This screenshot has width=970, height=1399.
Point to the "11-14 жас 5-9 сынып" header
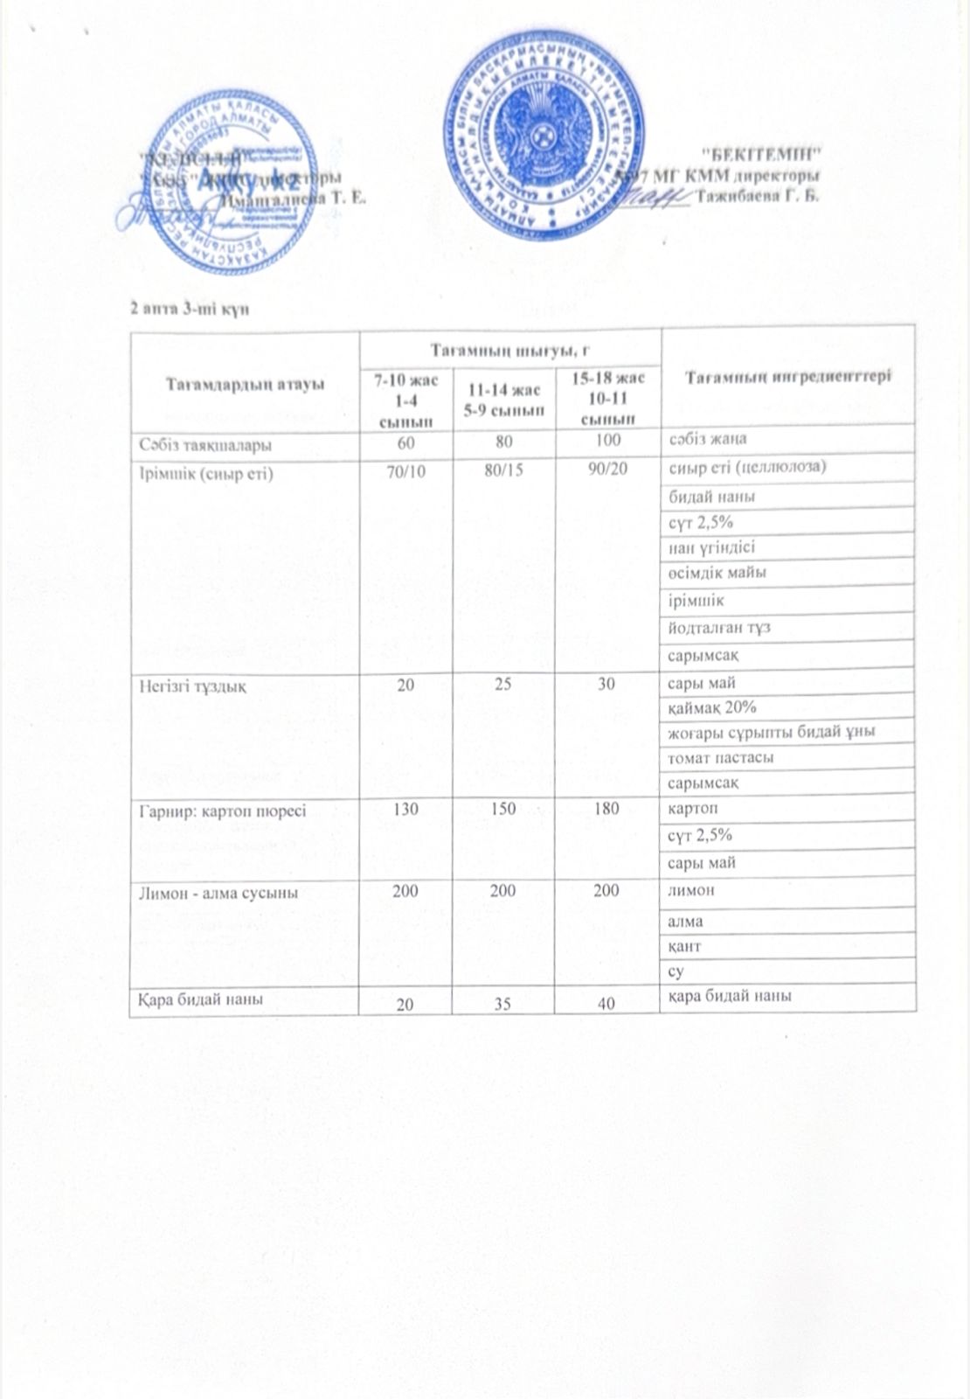pos(503,399)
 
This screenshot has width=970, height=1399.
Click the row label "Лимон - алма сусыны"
pos(218,893)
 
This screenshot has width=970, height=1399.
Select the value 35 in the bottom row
pos(503,1005)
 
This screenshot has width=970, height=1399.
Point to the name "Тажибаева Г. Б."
pos(759,195)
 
